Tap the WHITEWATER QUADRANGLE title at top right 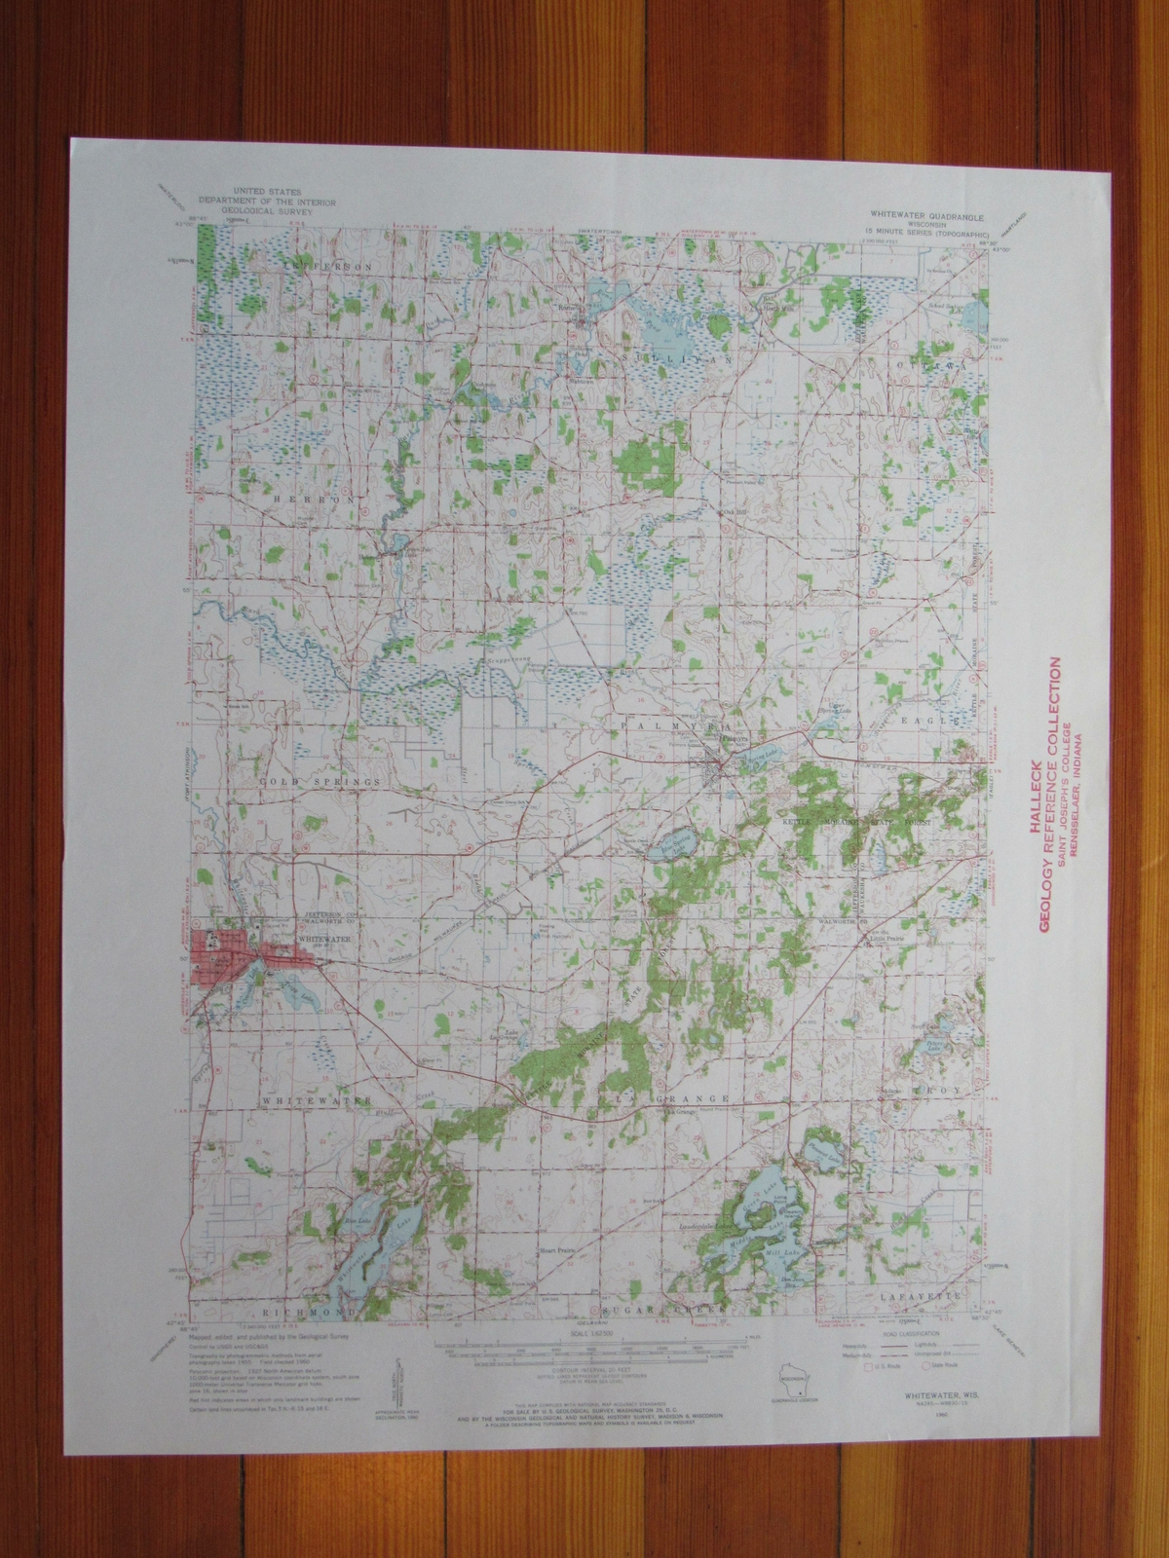coord(912,210)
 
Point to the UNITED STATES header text coord(276,192)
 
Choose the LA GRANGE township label coord(663,1099)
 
